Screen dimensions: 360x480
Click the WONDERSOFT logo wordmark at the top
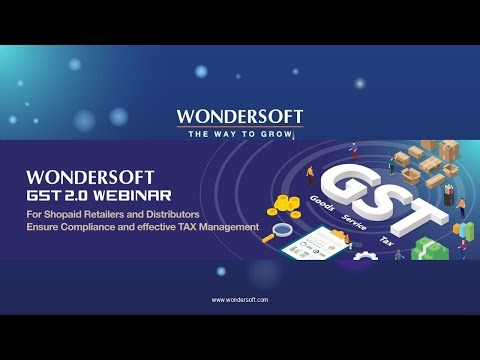tap(240, 117)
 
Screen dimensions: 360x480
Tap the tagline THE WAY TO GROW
tap(240, 133)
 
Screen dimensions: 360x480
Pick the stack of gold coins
tap(285, 207)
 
